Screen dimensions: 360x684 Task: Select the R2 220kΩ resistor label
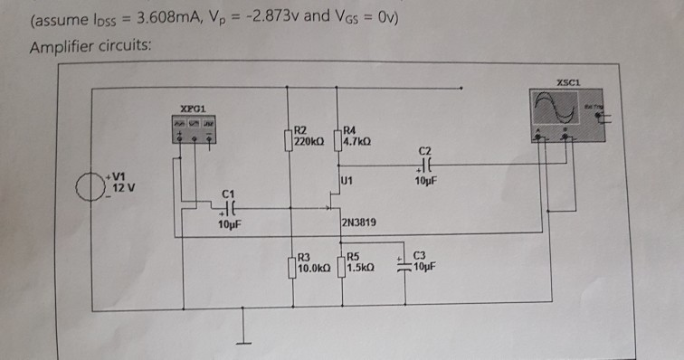pos(313,137)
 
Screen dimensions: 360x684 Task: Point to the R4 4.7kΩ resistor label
pos(359,137)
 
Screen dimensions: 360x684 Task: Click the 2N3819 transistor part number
pos(361,223)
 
